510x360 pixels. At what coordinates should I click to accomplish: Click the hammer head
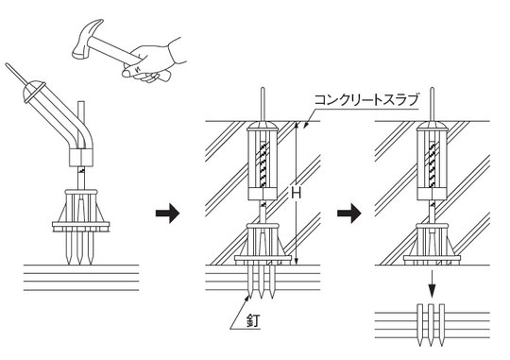coord(85,41)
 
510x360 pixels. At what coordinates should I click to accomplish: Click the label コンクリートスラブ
coord(365,99)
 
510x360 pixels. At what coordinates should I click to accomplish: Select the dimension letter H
coord(296,194)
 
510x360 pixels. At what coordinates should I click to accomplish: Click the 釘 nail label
coord(253,321)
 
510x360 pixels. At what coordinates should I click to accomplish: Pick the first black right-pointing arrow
coord(167,214)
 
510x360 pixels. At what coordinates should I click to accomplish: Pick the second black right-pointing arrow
coord(349,214)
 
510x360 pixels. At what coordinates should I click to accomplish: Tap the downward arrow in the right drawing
coord(432,283)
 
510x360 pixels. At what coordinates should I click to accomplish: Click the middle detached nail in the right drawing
coord(432,325)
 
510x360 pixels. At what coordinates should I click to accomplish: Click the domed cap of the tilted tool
coord(32,91)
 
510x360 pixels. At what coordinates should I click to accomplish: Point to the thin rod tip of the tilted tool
coord(7,65)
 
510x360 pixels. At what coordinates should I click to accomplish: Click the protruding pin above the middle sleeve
coord(263,105)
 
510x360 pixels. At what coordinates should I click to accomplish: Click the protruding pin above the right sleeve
coord(432,105)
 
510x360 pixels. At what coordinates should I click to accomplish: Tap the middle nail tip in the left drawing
coord(79,263)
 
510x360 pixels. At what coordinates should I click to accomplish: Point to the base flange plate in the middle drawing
coord(263,260)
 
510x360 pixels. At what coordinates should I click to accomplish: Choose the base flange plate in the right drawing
coord(432,260)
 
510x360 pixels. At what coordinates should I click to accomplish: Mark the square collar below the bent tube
coord(81,158)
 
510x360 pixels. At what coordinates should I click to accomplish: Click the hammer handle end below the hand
coord(163,77)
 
